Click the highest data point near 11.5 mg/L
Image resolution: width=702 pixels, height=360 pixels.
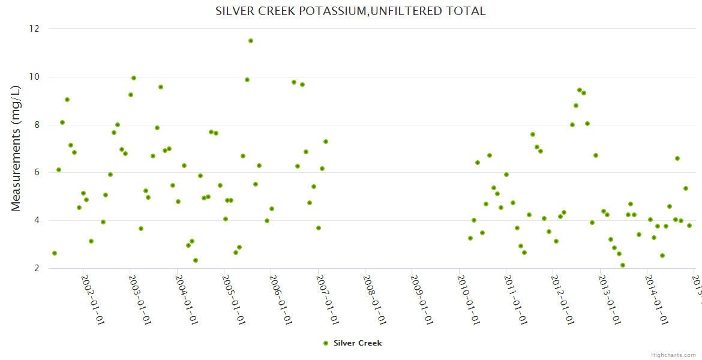point(251,41)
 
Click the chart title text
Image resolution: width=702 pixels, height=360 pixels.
point(350,11)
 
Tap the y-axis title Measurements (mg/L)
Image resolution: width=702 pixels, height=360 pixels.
point(16,148)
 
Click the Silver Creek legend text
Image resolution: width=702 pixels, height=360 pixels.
point(358,343)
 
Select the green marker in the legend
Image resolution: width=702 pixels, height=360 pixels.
point(326,343)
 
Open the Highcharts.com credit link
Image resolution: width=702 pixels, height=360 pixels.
point(673,355)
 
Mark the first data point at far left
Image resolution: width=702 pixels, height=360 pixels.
point(55,253)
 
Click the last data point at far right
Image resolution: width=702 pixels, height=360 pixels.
point(689,226)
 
